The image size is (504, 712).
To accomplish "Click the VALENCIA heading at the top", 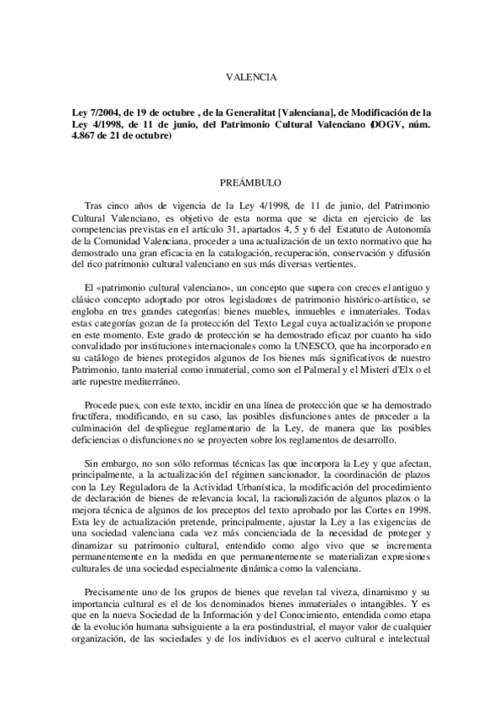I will tap(251, 77).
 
